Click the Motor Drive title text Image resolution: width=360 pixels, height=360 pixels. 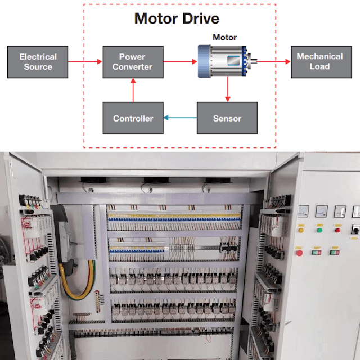pyautogui.click(x=177, y=19)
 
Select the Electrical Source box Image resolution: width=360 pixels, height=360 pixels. pyautogui.click(x=38, y=62)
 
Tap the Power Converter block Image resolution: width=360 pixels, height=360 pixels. pyautogui.click(x=133, y=62)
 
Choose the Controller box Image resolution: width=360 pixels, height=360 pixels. pyautogui.click(x=133, y=118)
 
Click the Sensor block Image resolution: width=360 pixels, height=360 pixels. pyautogui.click(x=227, y=118)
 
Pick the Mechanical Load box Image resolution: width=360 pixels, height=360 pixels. pyautogui.click(x=319, y=62)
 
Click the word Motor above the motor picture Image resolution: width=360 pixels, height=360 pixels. pyautogui.click(x=224, y=38)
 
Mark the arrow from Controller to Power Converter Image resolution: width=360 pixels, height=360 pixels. pyautogui.click(x=133, y=90)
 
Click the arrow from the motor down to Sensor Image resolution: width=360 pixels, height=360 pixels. pyautogui.click(x=227, y=89)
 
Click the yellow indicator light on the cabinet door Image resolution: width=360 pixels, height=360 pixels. pyautogui.click(x=301, y=229)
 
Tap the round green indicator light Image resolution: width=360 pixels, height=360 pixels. pyautogui.click(x=319, y=229)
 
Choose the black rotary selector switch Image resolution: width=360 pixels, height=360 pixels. pyautogui.click(x=355, y=230)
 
